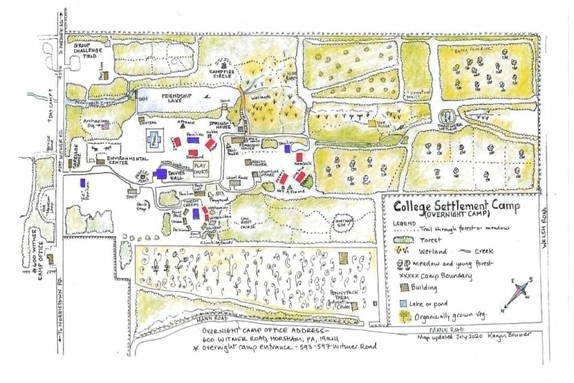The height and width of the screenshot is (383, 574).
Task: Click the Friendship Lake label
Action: pos(182,98)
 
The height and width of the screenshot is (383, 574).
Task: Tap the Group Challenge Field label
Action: pos(88,50)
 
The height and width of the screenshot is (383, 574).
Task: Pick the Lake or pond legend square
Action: pos(403,303)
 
